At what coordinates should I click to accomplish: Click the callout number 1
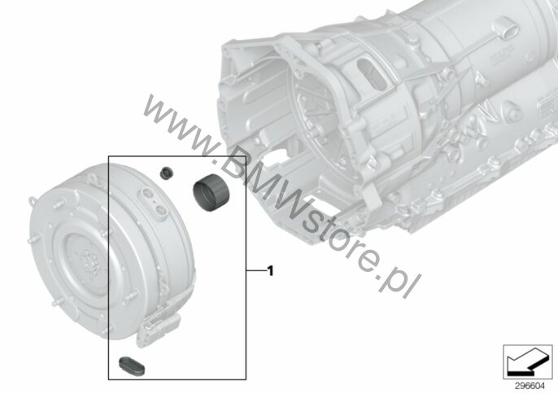point(270,271)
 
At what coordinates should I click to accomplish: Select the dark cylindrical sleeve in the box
point(211,192)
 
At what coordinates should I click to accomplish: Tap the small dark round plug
point(166,173)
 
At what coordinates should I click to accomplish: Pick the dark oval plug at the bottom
point(131,366)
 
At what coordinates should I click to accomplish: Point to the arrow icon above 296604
point(527,361)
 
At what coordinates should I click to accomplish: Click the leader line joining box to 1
point(256,271)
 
